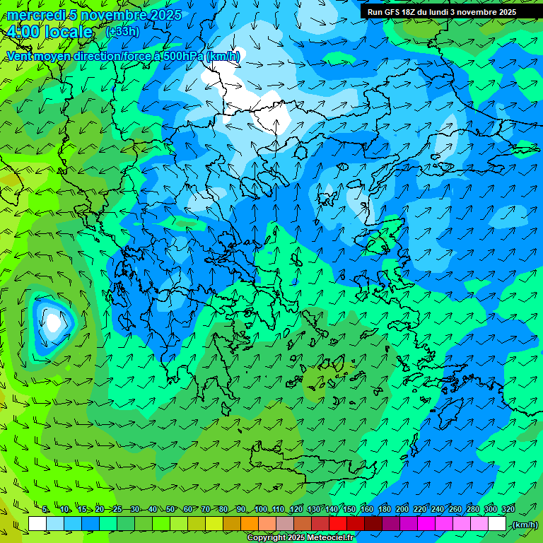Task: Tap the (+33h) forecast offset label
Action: [122, 32]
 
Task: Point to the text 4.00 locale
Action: [49, 32]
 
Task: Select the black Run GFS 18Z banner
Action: [451, 12]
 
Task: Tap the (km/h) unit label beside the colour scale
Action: [525, 525]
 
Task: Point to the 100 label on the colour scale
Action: [261, 510]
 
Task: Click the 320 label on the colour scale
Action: [508, 510]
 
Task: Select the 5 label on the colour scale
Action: [46, 510]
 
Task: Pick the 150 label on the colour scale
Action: [349, 510]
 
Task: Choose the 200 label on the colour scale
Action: [402, 510]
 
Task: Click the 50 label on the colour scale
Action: [171, 510]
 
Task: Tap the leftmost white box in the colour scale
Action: [37, 525]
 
